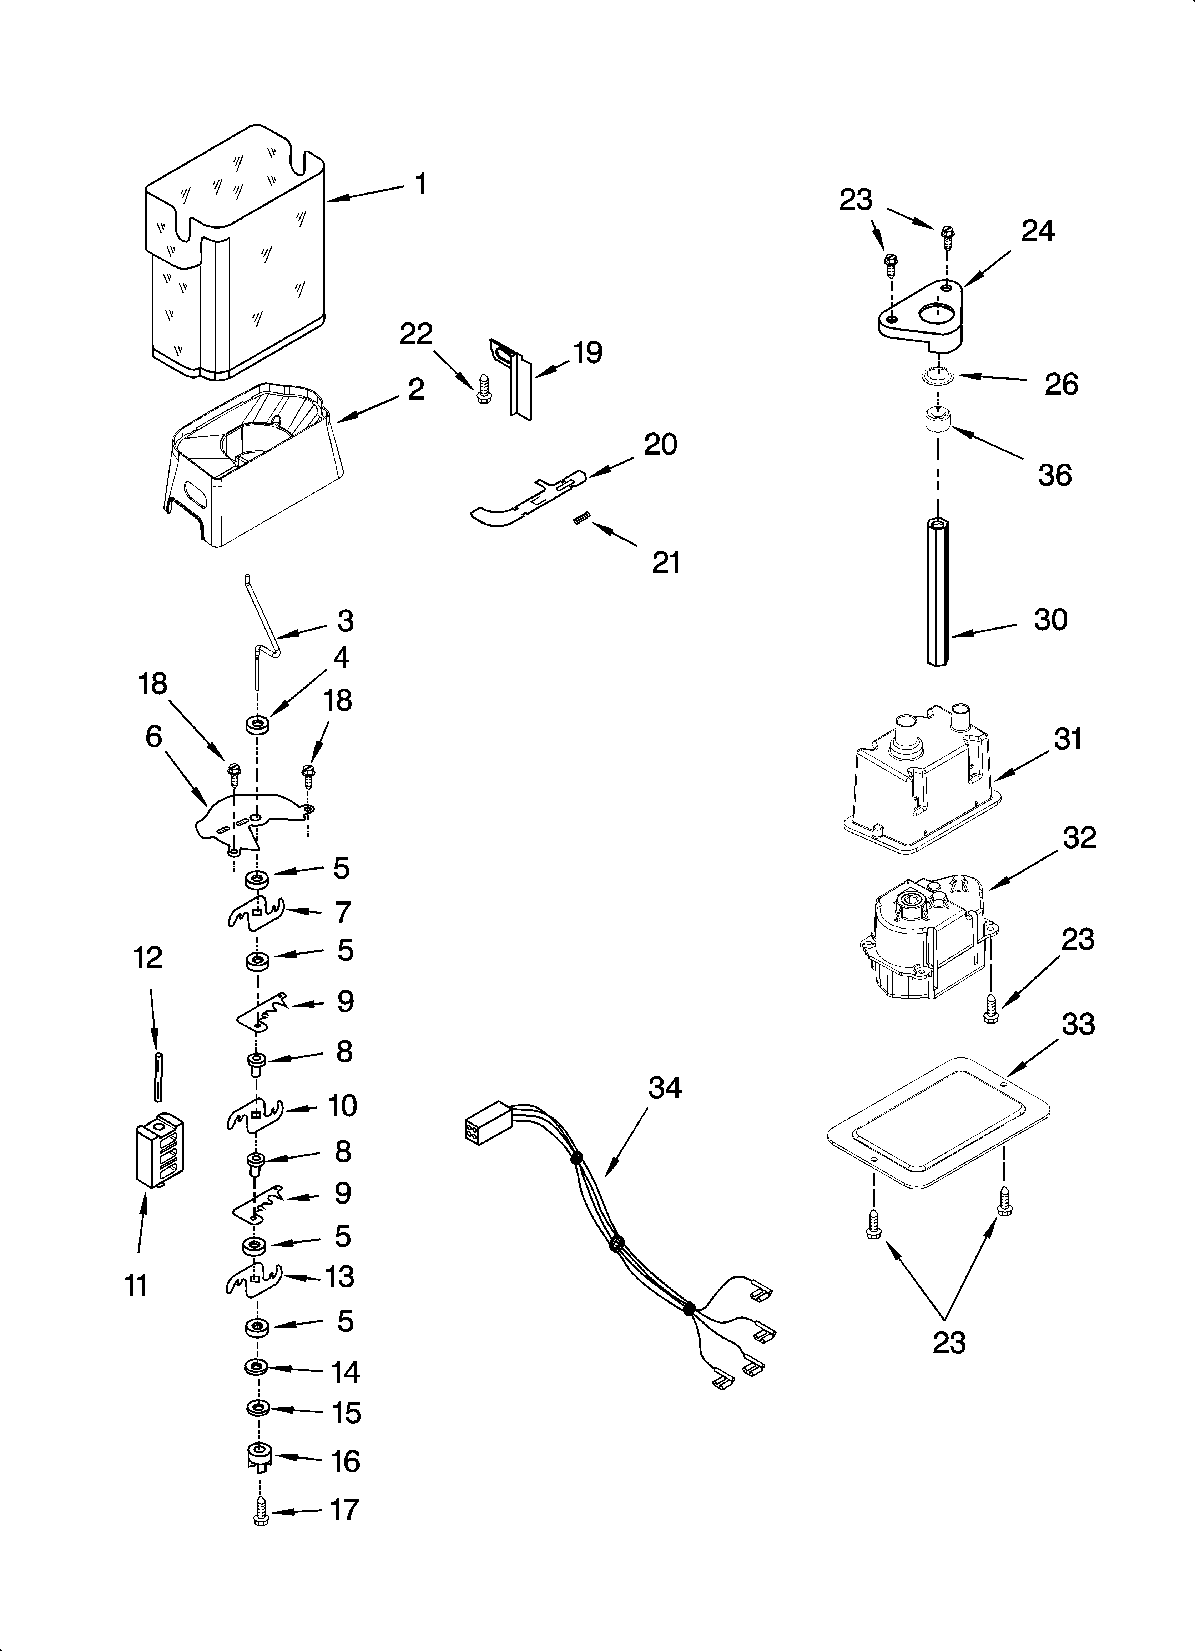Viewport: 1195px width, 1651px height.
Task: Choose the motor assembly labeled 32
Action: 924,939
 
